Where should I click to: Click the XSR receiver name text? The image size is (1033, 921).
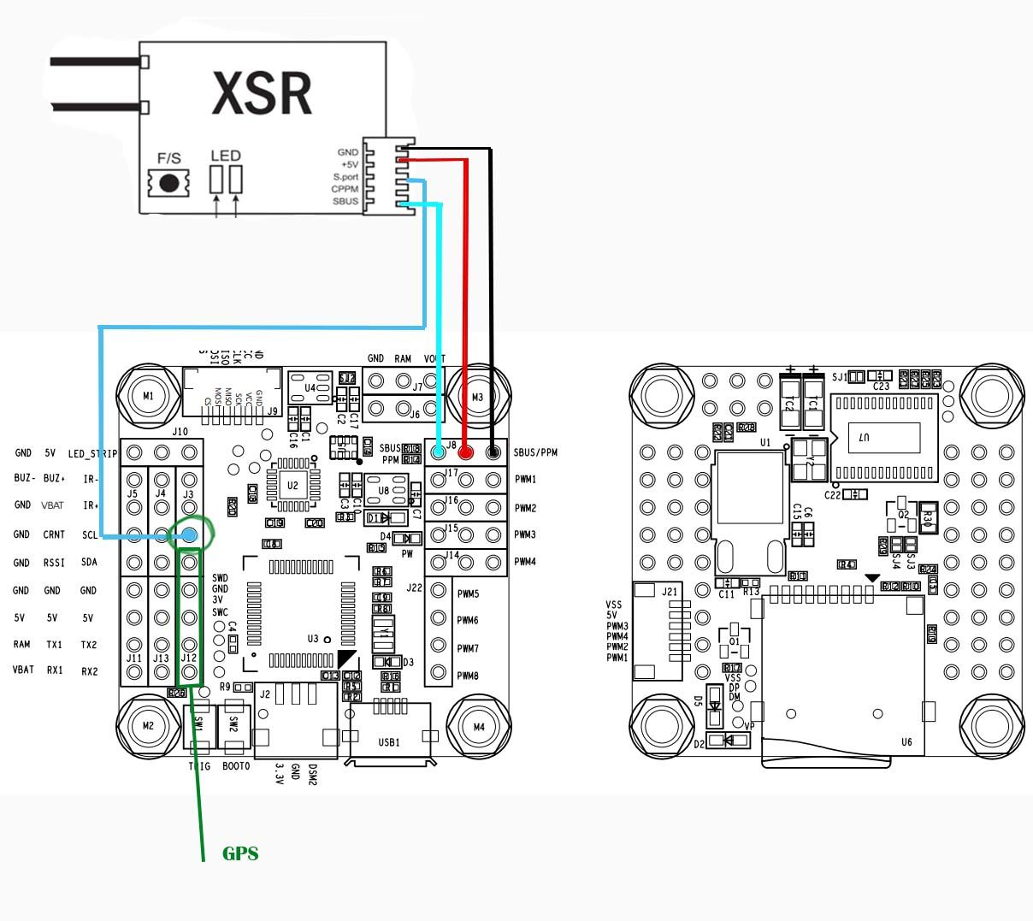(261, 92)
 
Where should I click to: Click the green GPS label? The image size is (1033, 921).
(240, 853)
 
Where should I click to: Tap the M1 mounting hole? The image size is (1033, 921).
(149, 396)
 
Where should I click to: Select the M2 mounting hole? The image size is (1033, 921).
(148, 725)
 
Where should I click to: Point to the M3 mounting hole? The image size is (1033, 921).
(477, 397)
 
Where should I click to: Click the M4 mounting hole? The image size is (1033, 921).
(478, 727)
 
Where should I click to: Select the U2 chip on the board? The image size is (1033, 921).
(292, 486)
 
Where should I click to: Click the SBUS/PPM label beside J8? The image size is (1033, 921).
(535, 452)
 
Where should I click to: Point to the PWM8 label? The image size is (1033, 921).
(468, 676)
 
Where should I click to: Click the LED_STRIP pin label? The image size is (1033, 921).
(92, 453)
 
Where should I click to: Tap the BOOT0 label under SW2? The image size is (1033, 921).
(236, 767)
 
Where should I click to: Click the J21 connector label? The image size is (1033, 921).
(669, 591)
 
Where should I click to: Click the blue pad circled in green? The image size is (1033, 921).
(188, 535)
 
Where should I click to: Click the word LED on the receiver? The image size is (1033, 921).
(226, 156)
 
